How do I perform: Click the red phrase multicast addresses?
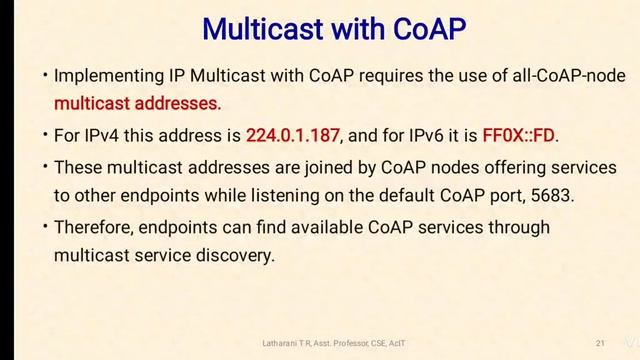click(x=137, y=102)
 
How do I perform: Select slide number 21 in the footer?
click(x=600, y=343)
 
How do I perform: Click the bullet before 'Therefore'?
click(x=45, y=227)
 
